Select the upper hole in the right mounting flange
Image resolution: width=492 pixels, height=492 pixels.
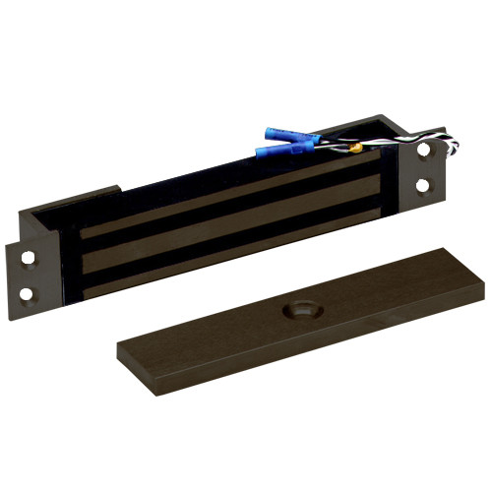425,153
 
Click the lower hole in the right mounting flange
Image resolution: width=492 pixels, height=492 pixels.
424,184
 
